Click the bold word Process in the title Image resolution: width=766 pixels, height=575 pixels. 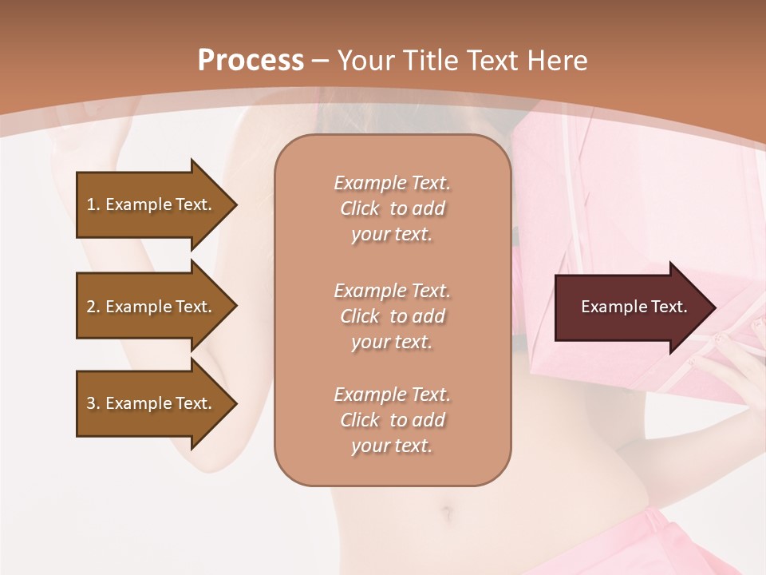(x=251, y=61)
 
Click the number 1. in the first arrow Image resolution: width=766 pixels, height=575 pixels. (x=93, y=204)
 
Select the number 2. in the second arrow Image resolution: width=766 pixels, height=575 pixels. (x=93, y=307)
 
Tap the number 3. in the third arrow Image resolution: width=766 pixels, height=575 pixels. (x=93, y=403)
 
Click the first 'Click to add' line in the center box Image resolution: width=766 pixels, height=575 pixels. (x=392, y=208)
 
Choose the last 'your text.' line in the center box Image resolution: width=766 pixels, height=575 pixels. (x=392, y=446)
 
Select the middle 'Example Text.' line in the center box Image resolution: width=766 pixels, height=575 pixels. (x=392, y=291)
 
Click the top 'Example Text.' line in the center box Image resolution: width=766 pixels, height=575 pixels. (x=392, y=183)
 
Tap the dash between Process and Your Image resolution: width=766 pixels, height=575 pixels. (x=320, y=61)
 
